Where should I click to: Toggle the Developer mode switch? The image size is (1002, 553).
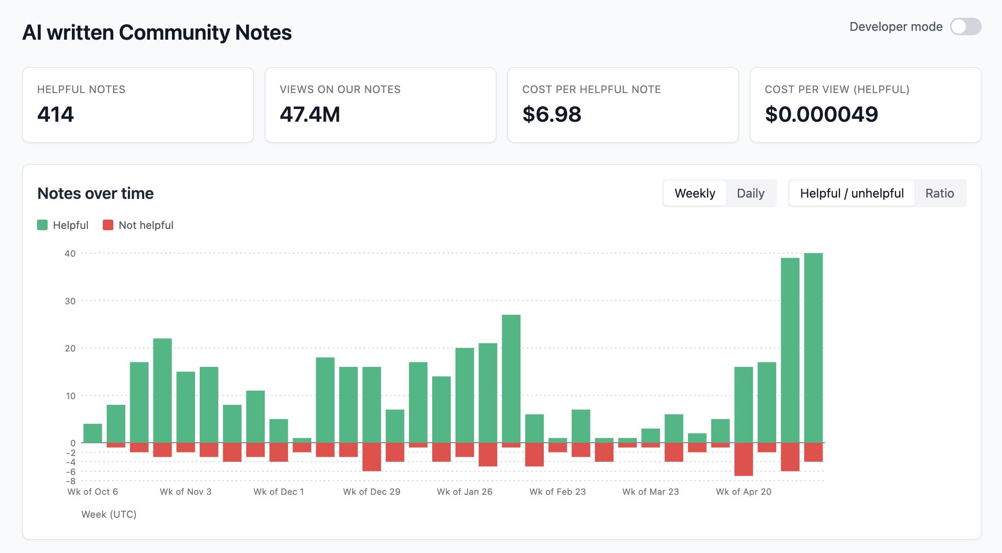click(965, 26)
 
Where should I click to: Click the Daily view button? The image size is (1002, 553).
click(751, 193)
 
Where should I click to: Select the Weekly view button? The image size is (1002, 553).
click(695, 193)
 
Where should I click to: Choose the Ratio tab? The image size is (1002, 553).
click(939, 193)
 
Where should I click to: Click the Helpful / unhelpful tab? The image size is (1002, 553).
click(852, 193)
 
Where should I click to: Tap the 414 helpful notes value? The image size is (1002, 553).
click(56, 114)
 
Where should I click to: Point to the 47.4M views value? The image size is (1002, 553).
click(310, 114)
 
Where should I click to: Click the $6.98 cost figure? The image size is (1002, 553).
click(552, 114)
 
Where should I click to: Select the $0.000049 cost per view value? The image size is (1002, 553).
click(822, 114)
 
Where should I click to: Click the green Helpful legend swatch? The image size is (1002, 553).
click(42, 225)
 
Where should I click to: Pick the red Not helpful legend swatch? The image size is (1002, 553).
click(108, 225)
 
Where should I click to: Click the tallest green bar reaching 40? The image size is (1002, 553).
click(813, 348)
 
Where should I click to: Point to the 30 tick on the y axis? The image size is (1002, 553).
click(70, 301)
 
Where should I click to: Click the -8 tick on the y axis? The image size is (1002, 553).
click(71, 481)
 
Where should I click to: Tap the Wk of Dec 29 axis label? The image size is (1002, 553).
click(372, 492)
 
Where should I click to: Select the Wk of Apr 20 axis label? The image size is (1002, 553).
click(744, 492)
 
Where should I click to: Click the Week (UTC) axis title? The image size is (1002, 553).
click(109, 514)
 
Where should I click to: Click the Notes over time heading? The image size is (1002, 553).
click(96, 193)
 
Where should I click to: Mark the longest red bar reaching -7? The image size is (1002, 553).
click(744, 460)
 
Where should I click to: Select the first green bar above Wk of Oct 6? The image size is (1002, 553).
click(93, 433)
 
